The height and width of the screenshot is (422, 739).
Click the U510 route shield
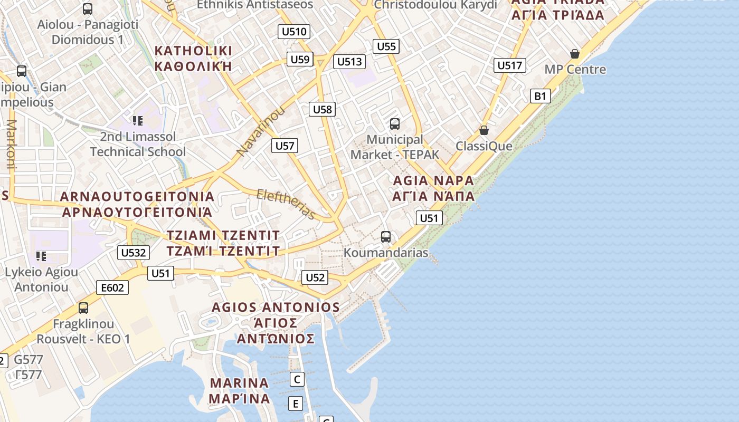tap(294, 32)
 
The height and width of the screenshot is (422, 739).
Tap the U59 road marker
tap(300, 59)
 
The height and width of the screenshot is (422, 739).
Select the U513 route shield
tap(349, 62)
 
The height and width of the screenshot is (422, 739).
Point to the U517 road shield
tap(510, 65)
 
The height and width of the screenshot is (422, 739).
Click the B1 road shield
tap(540, 96)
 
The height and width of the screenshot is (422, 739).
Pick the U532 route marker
tap(133, 253)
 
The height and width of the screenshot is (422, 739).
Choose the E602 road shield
tap(112, 287)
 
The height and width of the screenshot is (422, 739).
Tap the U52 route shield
tap(315, 277)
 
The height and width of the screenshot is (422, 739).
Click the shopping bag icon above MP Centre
tap(575, 54)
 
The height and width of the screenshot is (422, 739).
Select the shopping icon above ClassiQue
tap(484, 130)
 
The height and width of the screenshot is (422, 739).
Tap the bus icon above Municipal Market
tap(394, 124)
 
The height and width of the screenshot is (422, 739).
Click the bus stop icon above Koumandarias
tap(386, 237)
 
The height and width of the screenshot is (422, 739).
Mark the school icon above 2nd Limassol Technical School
tap(138, 121)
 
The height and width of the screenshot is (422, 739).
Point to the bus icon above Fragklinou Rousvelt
tap(83, 308)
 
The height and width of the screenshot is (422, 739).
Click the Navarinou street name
tap(260, 131)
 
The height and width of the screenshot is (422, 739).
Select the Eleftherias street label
tap(286, 204)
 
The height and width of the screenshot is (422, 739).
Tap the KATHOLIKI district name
tap(193, 51)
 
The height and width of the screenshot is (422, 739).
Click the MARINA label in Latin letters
tap(239, 383)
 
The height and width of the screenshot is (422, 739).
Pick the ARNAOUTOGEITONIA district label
tap(137, 197)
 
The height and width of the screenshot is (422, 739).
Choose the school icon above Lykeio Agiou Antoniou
tap(41, 256)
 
